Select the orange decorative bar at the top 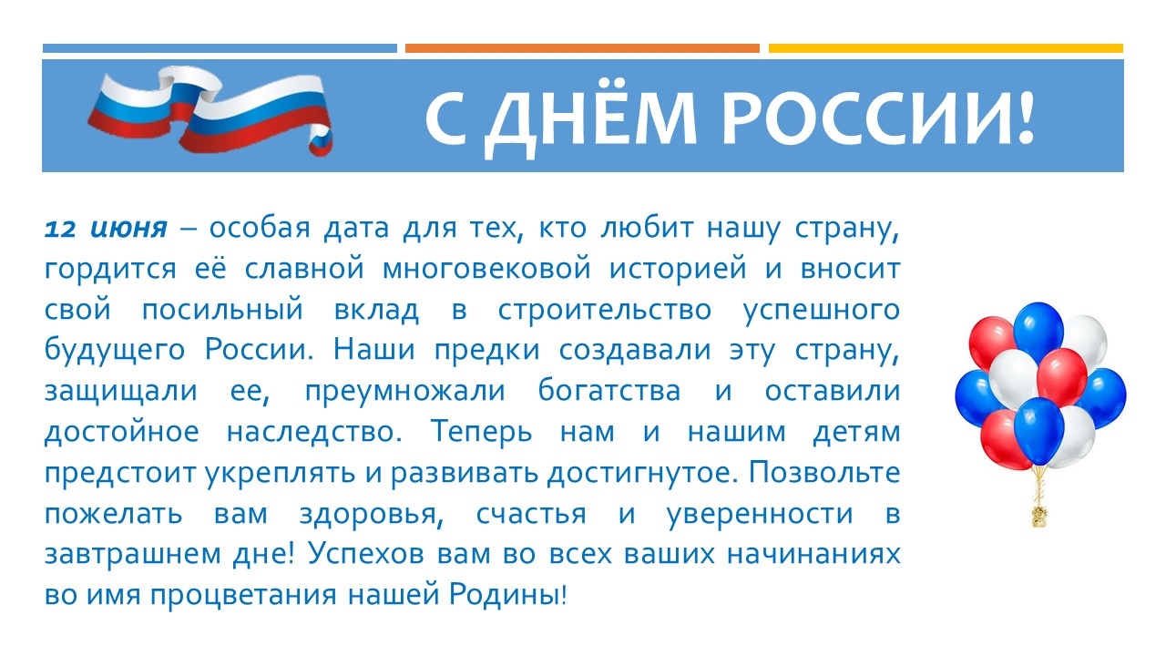point(582,48)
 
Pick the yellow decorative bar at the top point(946,48)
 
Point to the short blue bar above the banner point(220,48)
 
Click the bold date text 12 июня point(106,229)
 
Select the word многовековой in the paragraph point(486,269)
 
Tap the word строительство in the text point(605,311)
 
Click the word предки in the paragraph point(486,351)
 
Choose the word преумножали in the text point(405,391)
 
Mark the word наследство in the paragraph point(314,432)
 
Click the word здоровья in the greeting point(371,515)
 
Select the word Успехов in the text point(366,554)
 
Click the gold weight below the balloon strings point(1039,516)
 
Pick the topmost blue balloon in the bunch point(1038,332)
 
